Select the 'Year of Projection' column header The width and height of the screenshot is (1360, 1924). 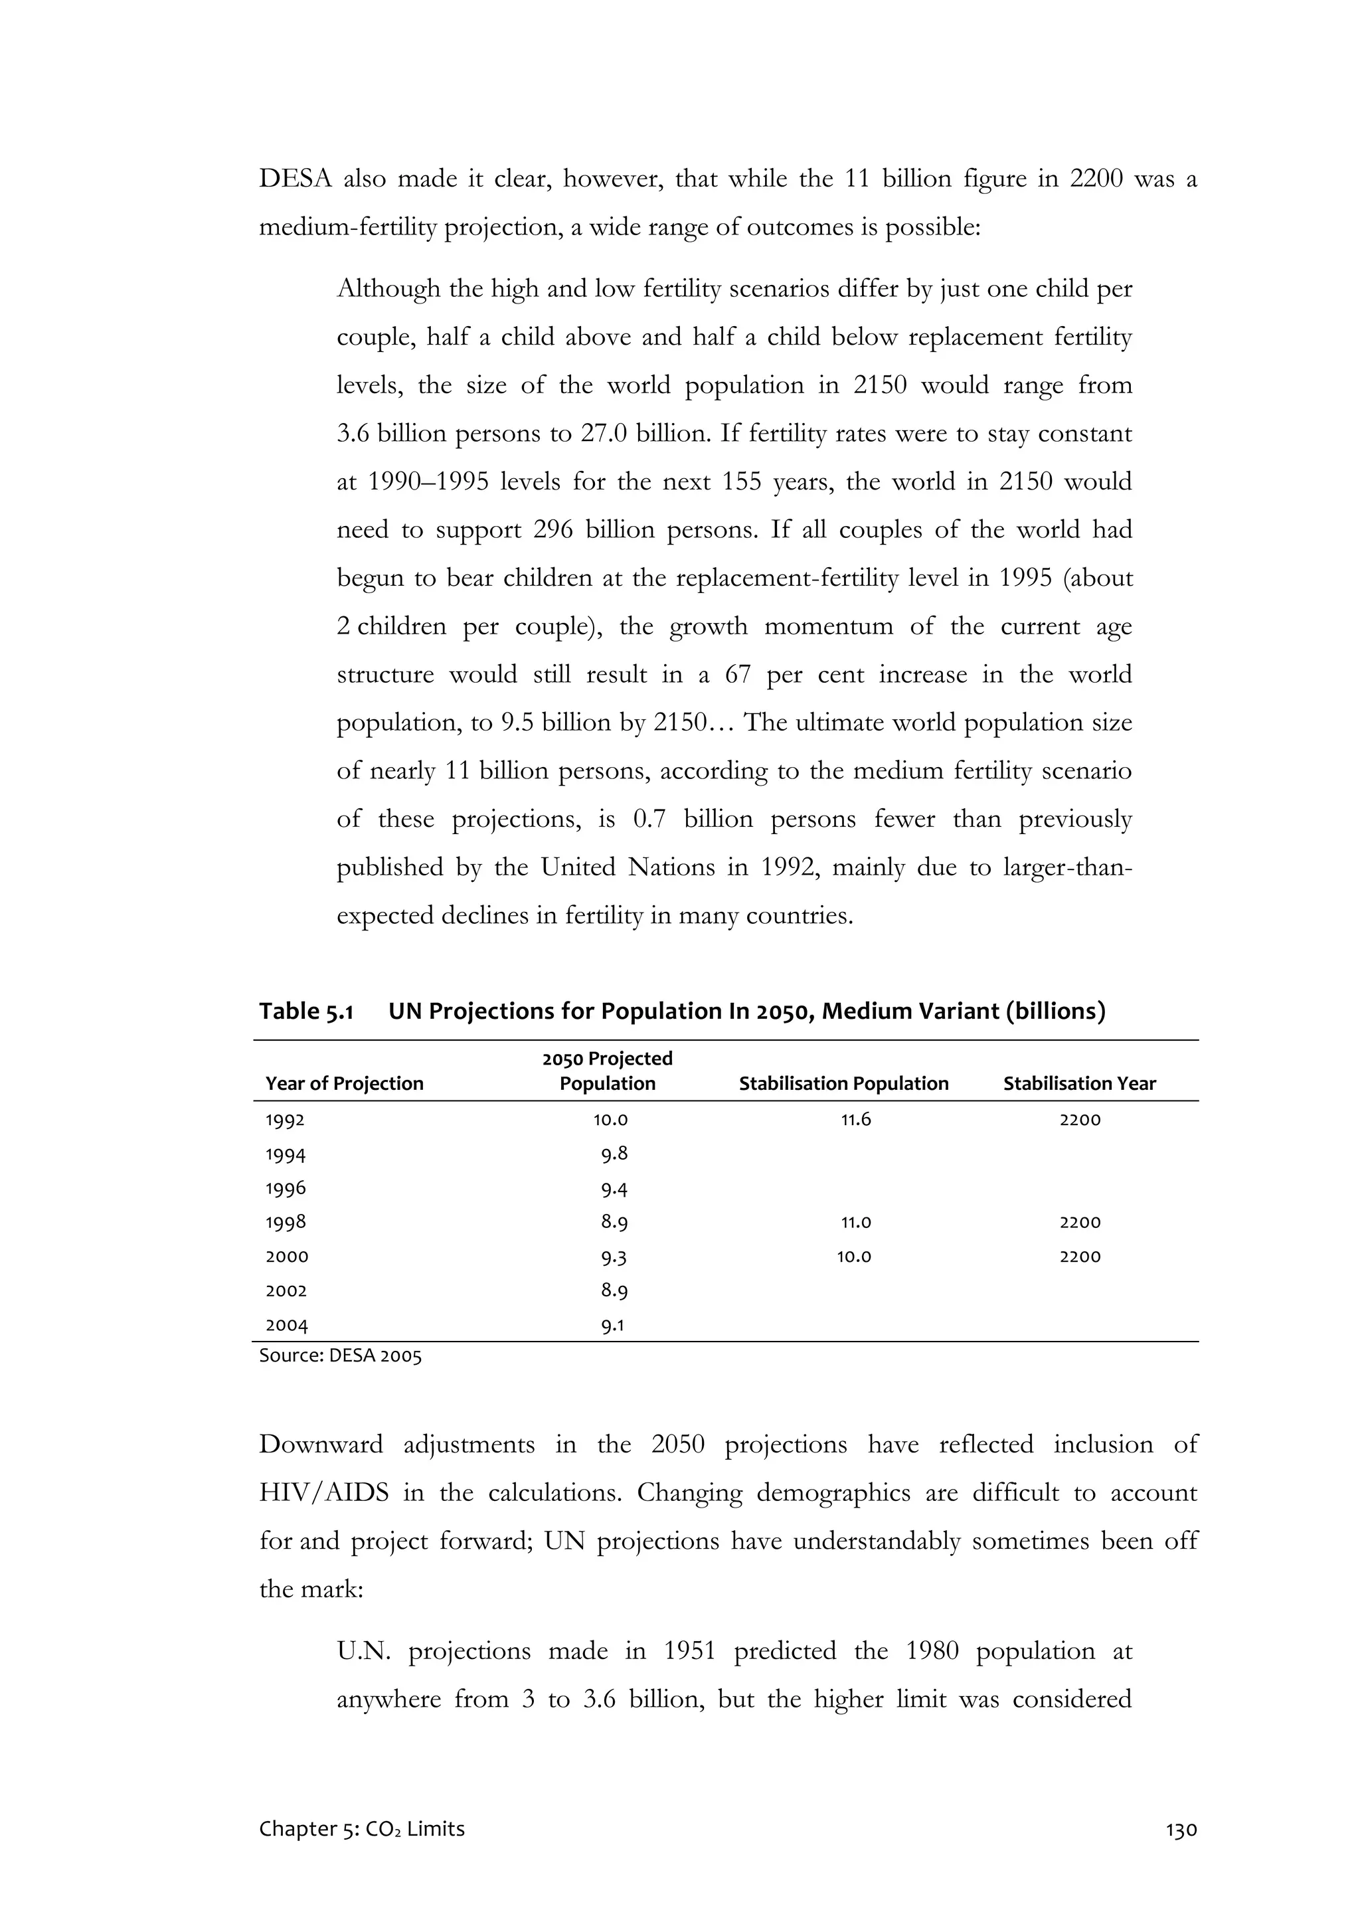[345, 1083]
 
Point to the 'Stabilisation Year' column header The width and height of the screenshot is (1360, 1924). [1079, 1083]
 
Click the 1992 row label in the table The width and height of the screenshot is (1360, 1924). [286, 1120]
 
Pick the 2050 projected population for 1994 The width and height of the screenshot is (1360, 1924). [614, 1155]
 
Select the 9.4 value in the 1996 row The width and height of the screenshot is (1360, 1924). [614, 1189]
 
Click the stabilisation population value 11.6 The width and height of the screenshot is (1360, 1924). [855, 1120]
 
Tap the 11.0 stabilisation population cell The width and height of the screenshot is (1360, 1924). [855, 1223]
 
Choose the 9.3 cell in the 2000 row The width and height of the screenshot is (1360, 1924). [614, 1257]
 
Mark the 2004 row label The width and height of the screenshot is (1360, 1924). [287, 1326]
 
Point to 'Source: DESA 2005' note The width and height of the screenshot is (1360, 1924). [340, 1356]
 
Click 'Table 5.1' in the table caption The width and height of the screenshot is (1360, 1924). [306, 1011]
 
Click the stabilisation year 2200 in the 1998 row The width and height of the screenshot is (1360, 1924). [1079, 1223]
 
